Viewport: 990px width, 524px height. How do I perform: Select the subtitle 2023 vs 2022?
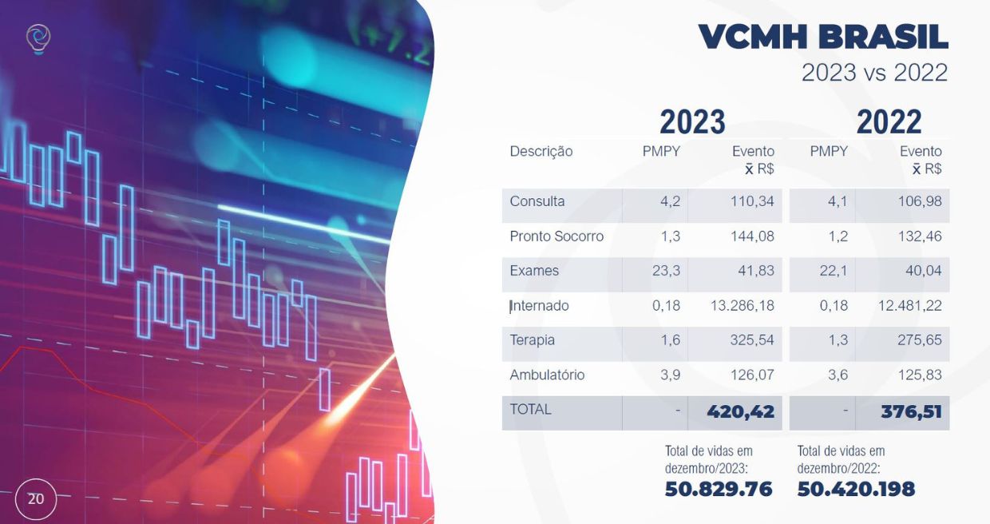pyautogui.click(x=875, y=73)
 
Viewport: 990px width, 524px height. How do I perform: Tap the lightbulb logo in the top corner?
pyautogui.click(x=38, y=39)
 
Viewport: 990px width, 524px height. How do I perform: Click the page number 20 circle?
pyautogui.click(x=36, y=499)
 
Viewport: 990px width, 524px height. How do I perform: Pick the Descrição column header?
pyautogui.click(x=541, y=152)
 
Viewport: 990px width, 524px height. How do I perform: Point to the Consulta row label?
pyautogui.click(x=537, y=201)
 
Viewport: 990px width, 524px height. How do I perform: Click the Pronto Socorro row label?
pyautogui.click(x=556, y=236)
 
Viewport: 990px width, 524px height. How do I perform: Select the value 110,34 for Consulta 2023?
pyautogui.click(x=752, y=201)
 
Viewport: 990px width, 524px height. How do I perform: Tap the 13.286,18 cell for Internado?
pyautogui.click(x=742, y=306)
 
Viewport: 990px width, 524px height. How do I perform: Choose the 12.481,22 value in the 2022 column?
pyautogui.click(x=909, y=306)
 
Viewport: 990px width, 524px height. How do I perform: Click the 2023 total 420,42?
pyautogui.click(x=740, y=412)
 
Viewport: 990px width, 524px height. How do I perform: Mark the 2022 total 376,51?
pyautogui.click(x=911, y=412)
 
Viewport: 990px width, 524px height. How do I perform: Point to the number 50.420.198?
pyautogui.click(x=856, y=489)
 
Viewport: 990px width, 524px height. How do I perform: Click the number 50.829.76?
pyautogui.click(x=719, y=489)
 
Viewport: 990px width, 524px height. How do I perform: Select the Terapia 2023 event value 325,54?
pyautogui.click(x=752, y=340)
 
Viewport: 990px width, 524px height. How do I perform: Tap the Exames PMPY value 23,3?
pyautogui.click(x=666, y=271)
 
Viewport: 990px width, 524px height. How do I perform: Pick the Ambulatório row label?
pyautogui.click(x=547, y=375)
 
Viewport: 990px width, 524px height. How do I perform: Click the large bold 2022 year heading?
pyautogui.click(x=889, y=121)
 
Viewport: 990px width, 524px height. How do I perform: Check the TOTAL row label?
pyautogui.click(x=530, y=410)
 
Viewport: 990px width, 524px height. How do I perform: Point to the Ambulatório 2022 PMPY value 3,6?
pyautogui.click(x=838, y=375)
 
